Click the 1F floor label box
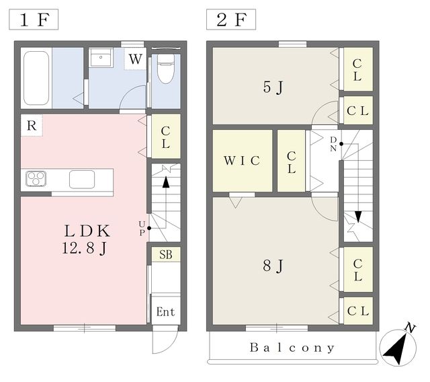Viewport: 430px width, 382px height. tap(34, 20)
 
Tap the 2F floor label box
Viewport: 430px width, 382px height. tap(231, 20)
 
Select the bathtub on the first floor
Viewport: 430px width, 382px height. tap(36, 78)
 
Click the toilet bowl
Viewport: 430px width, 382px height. tap(166, 69)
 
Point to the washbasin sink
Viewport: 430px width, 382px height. tap(101, 58)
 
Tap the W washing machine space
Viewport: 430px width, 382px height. tap(135, 59)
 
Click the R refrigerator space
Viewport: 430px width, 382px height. tap(32, 125)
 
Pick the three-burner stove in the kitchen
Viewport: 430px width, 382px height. tap(36, 179)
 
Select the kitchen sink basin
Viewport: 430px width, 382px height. tap(82, 180)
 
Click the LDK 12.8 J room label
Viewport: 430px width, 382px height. tap(87, 239)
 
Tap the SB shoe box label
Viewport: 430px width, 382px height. tap(166, 254)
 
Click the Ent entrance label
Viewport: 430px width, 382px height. tap(166, 312)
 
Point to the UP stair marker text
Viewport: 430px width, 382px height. tap(142, 229)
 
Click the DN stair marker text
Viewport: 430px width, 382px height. tap(333, 144)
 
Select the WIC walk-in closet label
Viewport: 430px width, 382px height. tap(242, 161)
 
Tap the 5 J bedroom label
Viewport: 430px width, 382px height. tap(273, 87)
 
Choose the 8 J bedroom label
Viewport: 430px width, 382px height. tap(273, 266)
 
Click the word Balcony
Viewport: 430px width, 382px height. tap(292, 348)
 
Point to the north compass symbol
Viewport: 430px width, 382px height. tap(398, 346)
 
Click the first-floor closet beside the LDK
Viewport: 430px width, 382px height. tap(166, 137)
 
